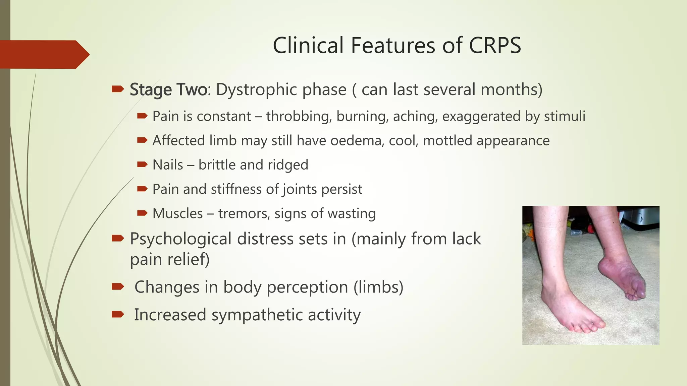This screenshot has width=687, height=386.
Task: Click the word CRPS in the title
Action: pyautogui.click(x=495, y=46)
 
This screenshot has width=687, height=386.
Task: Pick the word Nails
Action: pyautogui.click(x=168, y=165)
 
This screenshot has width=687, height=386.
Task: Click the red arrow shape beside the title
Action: pyautogui.click(x=44, y=54)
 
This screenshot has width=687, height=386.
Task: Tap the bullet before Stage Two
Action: pyautogui.click(x=117, y=89)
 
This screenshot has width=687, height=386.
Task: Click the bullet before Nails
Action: pyautogui.click(x=142, y=164)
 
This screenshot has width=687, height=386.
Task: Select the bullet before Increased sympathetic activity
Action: pyautogui.click(x=117, y=314)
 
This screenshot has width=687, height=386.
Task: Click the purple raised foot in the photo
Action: pyautogui.click(x=621, y=278)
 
